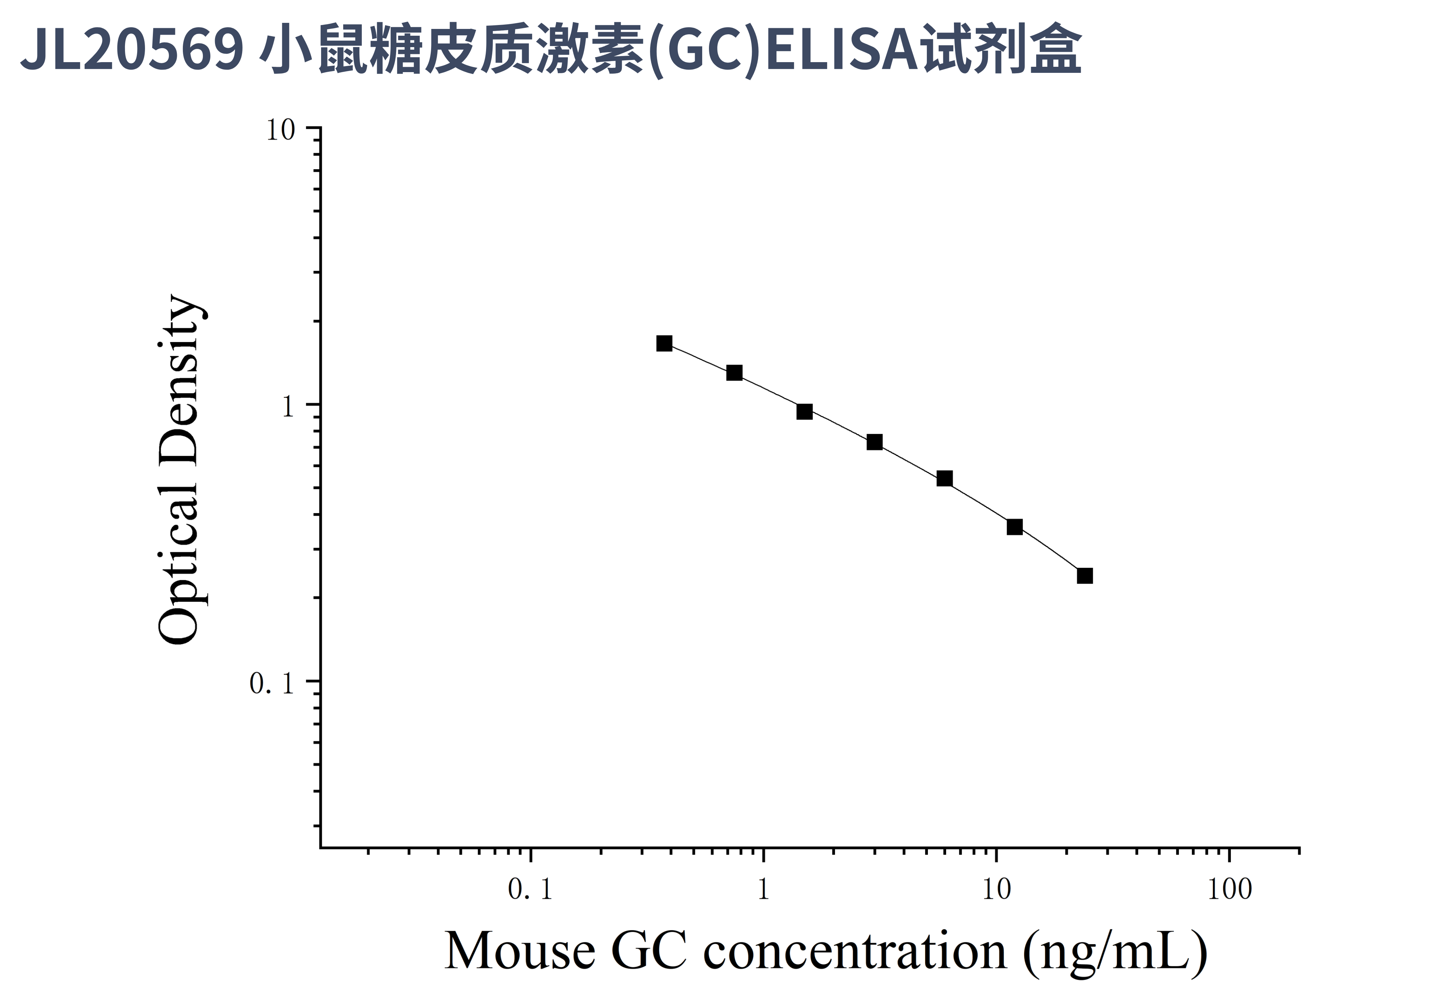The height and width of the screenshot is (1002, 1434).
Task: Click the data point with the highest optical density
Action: pos(664,344)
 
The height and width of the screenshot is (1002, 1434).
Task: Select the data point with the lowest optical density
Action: pos(1085,576)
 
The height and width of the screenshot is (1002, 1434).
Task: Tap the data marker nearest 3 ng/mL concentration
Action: pos(874,442)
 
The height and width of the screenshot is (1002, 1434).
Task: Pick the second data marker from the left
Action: pos(734,373)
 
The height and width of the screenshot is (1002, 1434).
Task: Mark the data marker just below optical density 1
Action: pos(804,411)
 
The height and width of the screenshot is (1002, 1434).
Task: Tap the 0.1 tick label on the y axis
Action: pos(272,683)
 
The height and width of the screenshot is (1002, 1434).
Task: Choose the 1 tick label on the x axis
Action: pos(763,889)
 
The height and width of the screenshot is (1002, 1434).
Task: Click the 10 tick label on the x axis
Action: pos(996,889)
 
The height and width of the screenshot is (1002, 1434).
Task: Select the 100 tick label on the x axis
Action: pos(1229,889)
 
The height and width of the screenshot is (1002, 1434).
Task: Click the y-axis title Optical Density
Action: pos(179,470)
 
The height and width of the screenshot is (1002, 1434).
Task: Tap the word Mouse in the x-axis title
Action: pos(520,951)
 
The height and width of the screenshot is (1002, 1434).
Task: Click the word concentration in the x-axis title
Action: pos(856,951)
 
